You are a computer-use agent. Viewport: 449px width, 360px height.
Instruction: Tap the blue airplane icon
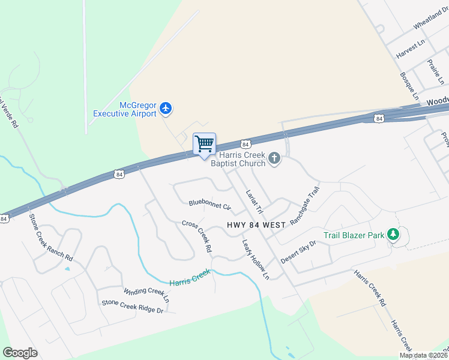(166, 109)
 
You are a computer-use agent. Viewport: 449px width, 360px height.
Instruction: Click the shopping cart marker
(204, 144)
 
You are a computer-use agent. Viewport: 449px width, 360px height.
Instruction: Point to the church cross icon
(274, 158)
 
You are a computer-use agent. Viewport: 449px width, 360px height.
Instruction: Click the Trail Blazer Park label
(354, 235)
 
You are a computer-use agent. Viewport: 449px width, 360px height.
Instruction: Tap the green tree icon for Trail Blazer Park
(393, 234)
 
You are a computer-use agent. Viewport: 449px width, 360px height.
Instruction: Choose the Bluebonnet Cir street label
(209, 205)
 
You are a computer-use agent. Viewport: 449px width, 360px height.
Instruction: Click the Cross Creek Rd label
(197, 236)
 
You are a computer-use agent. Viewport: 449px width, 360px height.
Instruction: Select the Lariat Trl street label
(255, 202)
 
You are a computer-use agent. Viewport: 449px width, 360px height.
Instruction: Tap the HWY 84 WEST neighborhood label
(256, 225)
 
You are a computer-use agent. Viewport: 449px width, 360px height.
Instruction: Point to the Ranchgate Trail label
(305, 205)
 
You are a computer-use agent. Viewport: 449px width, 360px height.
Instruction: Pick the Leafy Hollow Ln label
(256, 259)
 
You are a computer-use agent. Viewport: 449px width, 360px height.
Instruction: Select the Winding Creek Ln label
(146, 295)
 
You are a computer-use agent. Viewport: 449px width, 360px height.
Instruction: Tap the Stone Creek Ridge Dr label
(133, 307)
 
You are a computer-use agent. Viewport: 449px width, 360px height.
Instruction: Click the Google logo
(20, 353)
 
